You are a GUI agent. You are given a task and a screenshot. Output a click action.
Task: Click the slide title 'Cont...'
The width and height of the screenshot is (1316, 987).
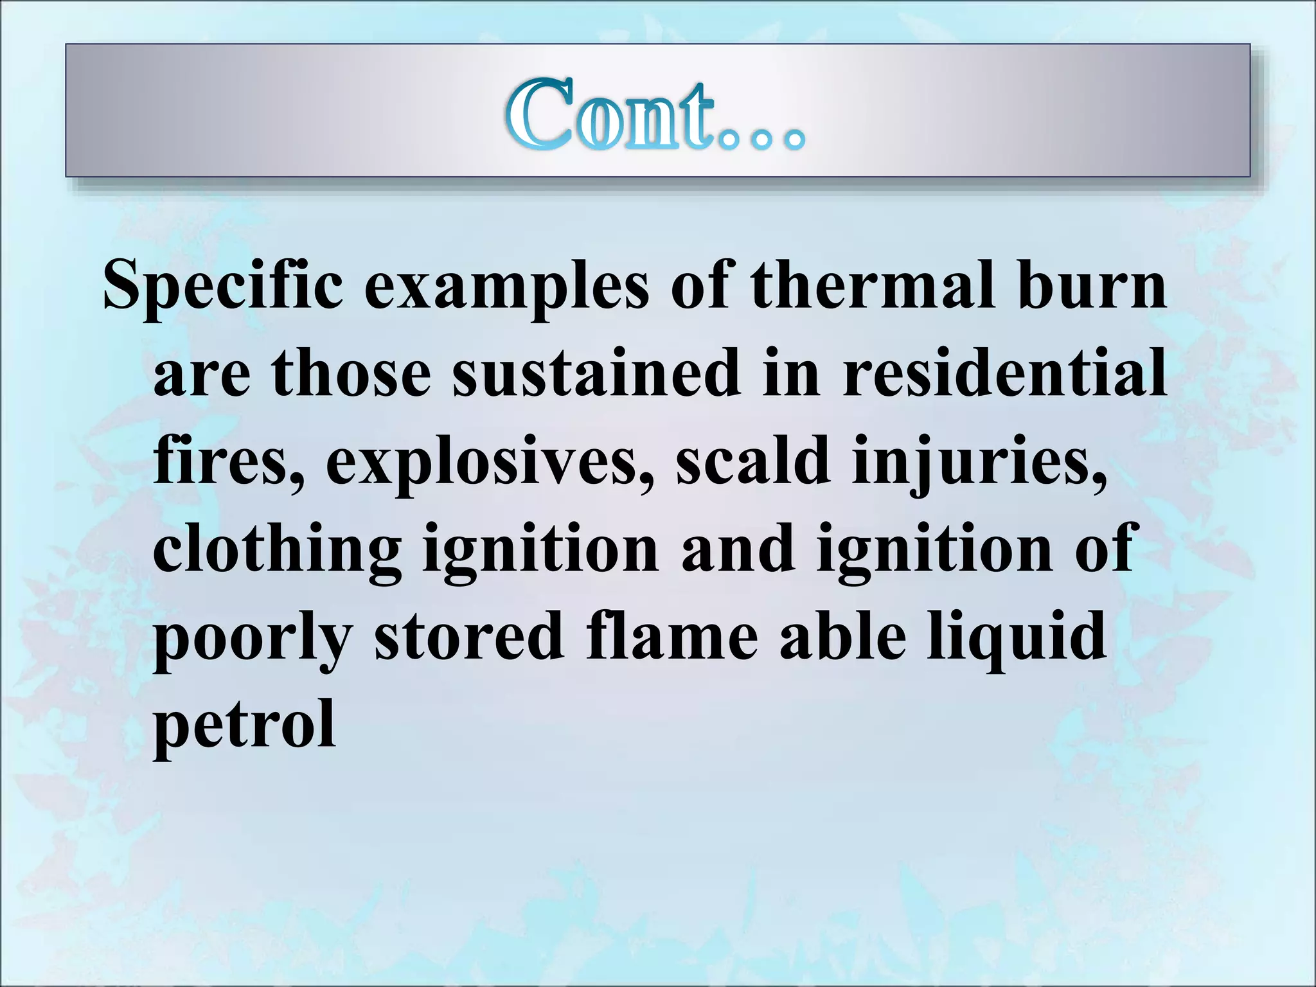click(x=655, y=116)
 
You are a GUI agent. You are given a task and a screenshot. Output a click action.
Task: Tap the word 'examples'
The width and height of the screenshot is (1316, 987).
click(x=507, y=286)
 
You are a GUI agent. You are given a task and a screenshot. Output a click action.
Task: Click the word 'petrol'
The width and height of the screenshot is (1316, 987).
click(x=244, y=726)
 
